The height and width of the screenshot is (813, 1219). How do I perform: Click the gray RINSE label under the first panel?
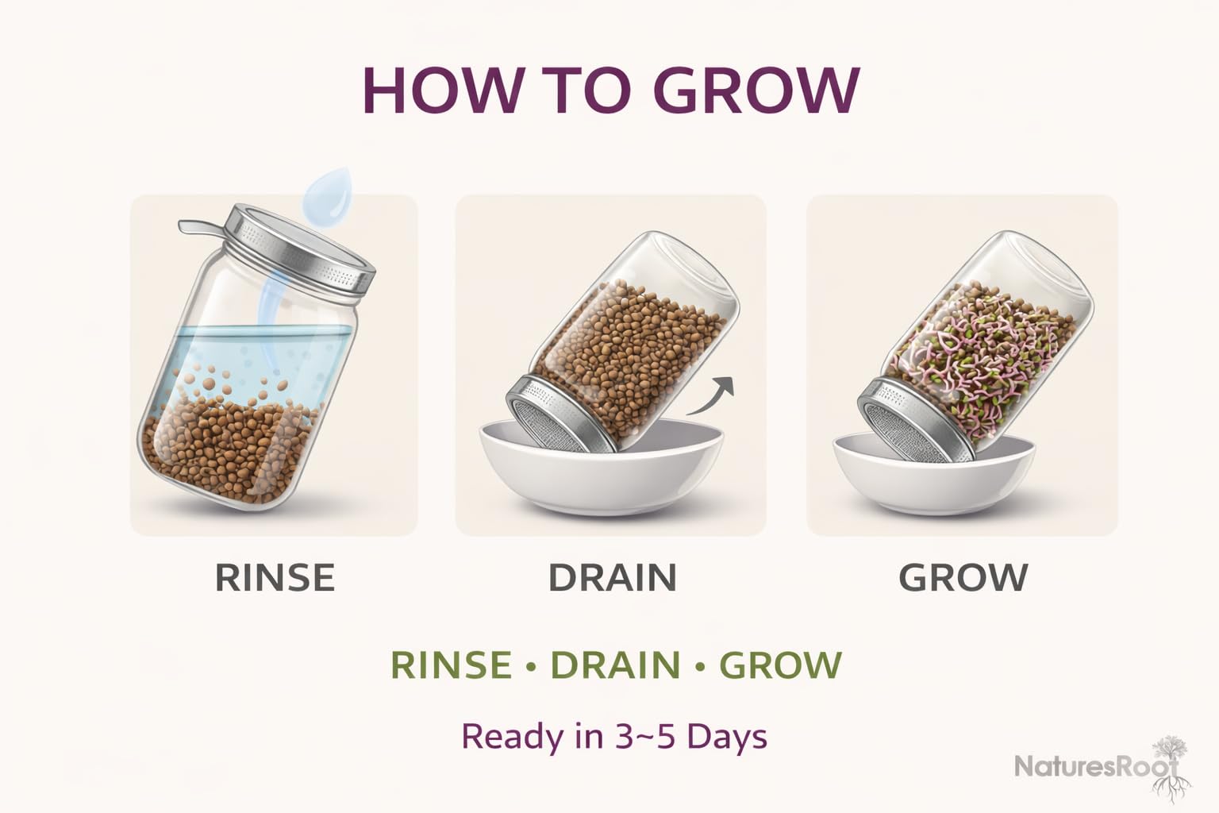click(x=275, y=578)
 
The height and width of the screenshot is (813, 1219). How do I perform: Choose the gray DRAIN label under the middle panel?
click(x=612, y=578)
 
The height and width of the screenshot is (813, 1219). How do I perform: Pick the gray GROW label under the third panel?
click(x=963, y=578)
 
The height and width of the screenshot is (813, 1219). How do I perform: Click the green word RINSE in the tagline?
click(x=451, y=665)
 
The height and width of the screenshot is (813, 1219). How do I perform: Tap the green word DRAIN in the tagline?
click(x=616, y=665)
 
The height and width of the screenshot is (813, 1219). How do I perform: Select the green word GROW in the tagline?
click(x=781, y=665)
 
